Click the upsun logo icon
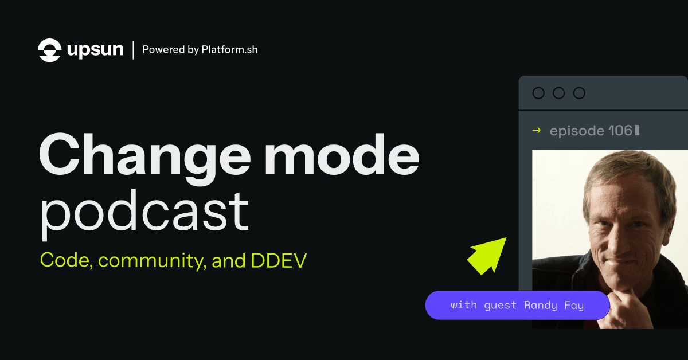[49, 50]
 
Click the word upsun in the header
[95, 50]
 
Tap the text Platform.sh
[229, 50]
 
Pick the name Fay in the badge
[572, 305]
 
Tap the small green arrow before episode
[537, 131]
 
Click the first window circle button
[538, 93]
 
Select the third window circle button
[580, 93]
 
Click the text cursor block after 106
[638, 131]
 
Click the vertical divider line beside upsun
[134, 50]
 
